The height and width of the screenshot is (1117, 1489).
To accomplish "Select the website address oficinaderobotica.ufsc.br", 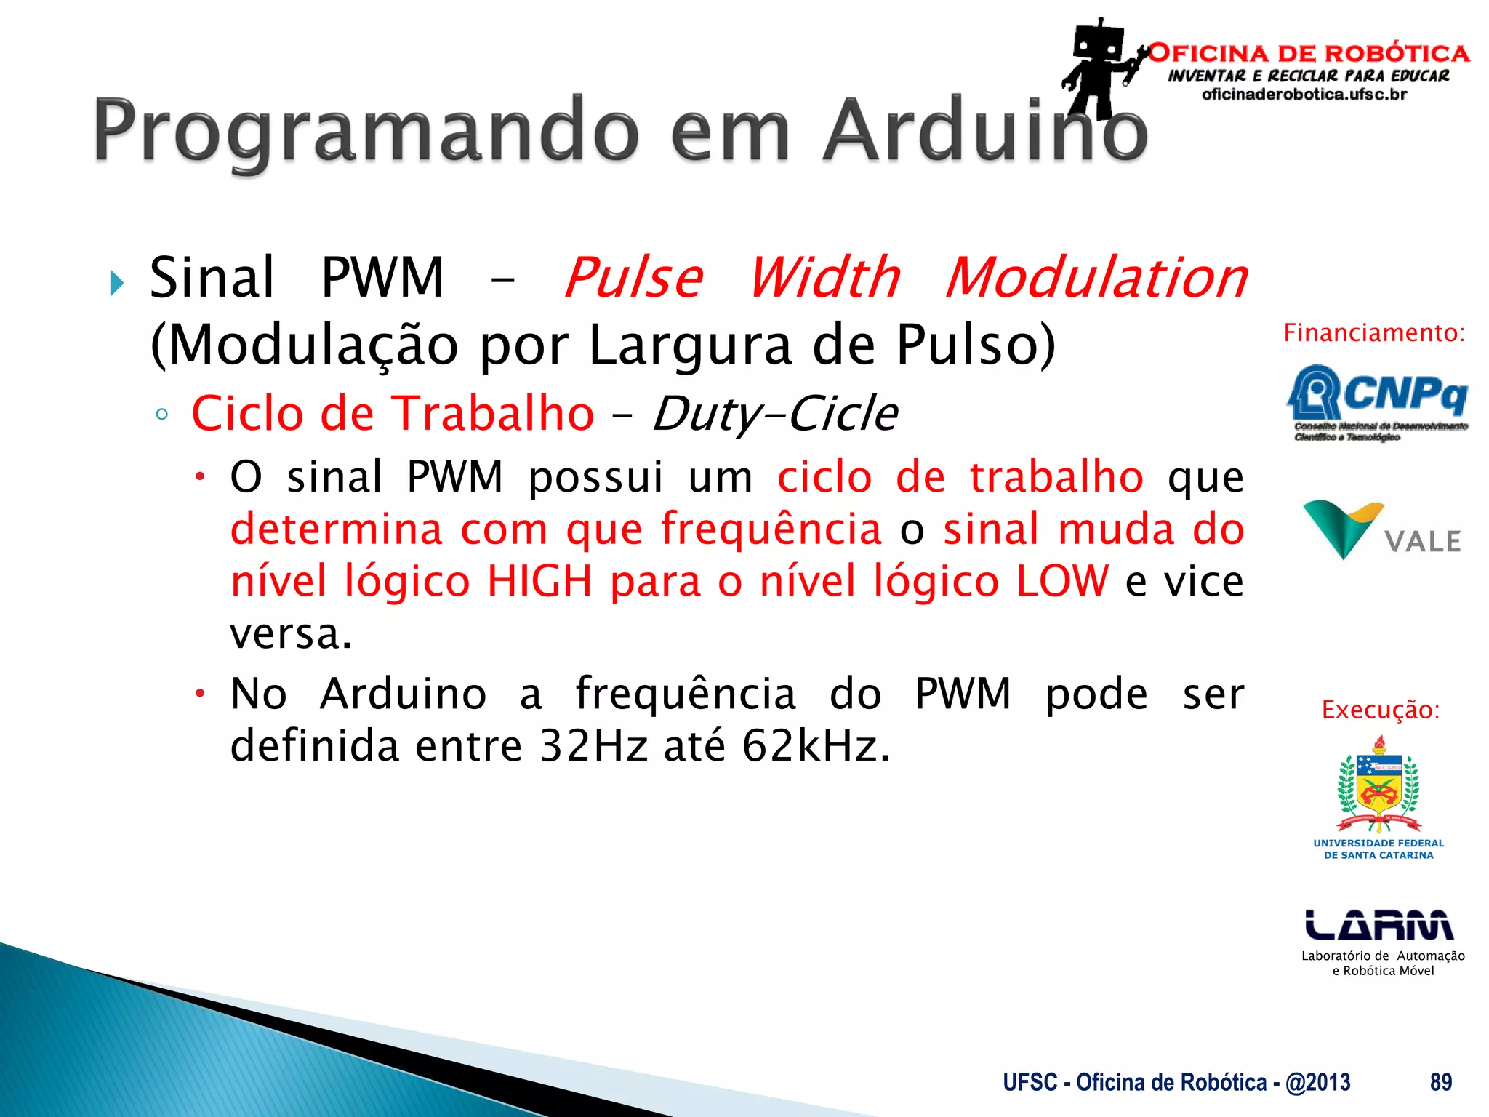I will [x=1304, y=95].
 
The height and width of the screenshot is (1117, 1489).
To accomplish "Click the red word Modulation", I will [x=1096, y=278].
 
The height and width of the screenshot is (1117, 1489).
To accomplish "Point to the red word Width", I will [x=824, y=278].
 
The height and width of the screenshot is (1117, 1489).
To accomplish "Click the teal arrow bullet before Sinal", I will [x=117, y=283].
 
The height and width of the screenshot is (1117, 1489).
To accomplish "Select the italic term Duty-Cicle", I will [x=775, y=414].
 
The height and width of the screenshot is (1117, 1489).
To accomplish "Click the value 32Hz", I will [x=593, y=746].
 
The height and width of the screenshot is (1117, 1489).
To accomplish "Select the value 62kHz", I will [x=815, y=746].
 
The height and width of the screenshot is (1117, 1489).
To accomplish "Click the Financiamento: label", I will [x=1374, y=333].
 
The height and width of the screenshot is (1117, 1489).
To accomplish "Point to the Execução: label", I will [x=1380, y=710].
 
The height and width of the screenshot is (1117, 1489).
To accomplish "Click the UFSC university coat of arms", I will [x=1378, y=785].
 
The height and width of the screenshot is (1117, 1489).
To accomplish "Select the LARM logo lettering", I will [x=1378, y=925].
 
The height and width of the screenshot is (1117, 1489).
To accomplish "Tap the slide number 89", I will [x=1441, y=1082].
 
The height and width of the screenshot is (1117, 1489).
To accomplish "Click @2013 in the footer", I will [x=1317, y=1082].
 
